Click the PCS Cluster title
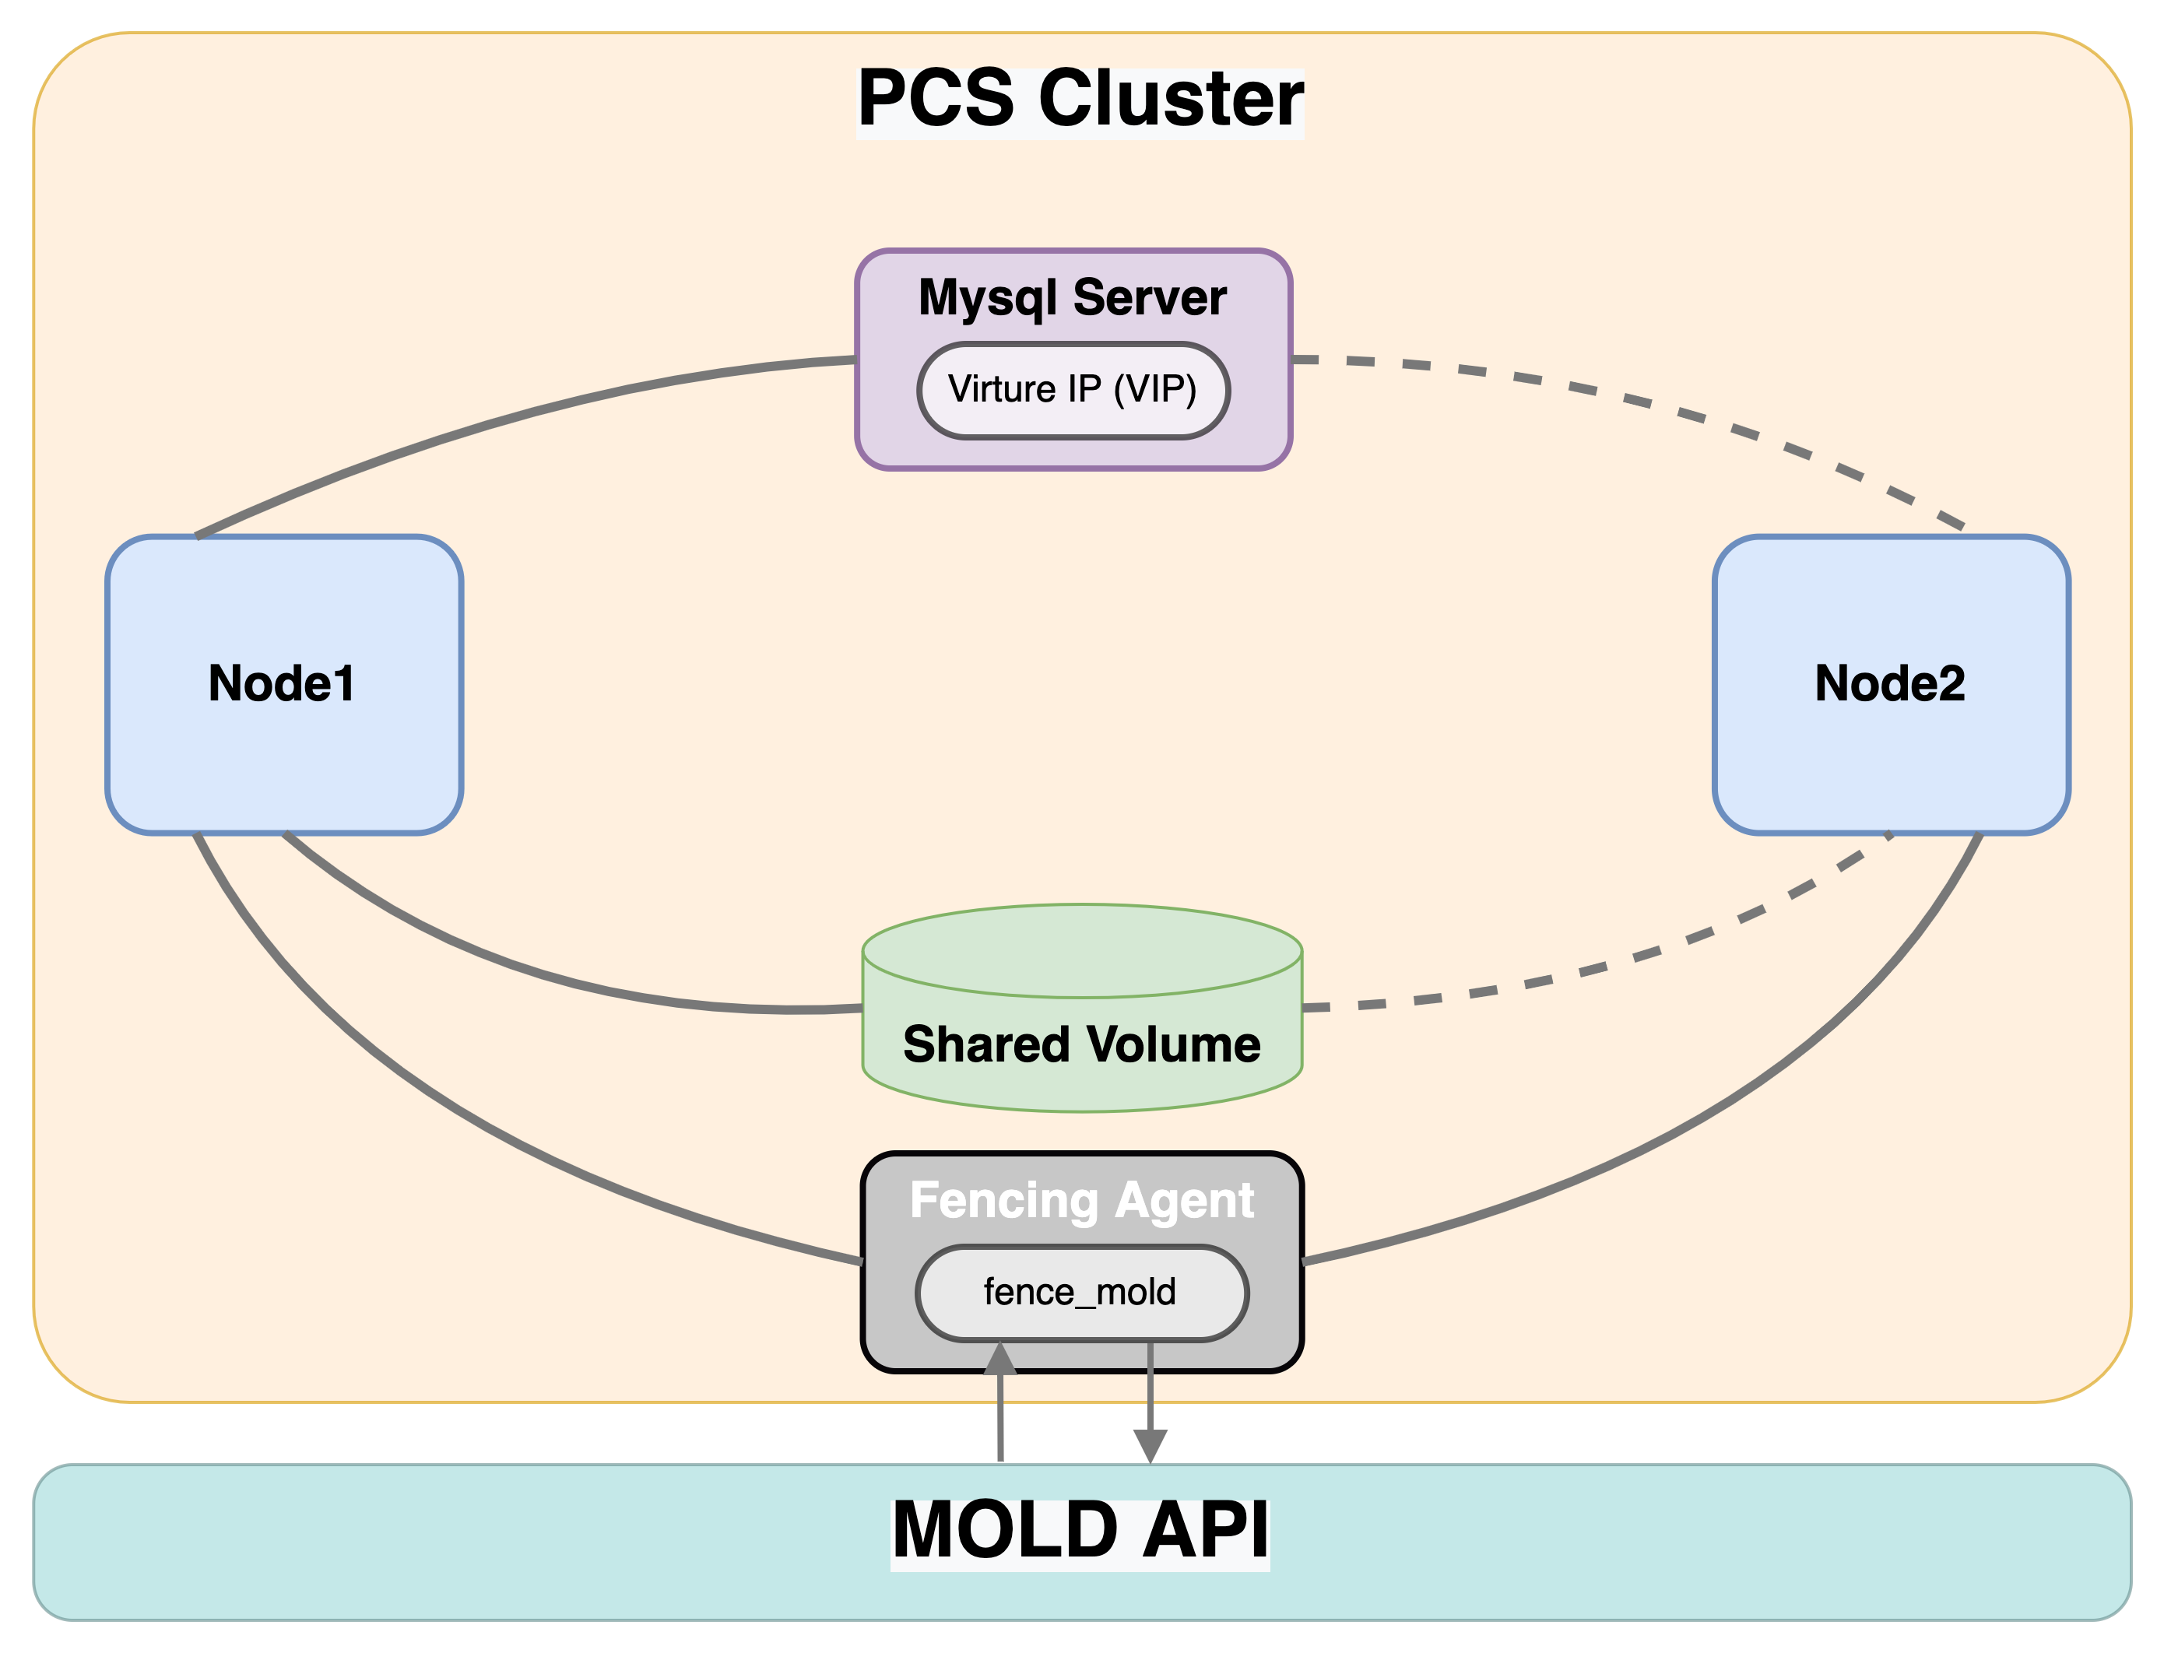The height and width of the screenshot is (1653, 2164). coord(1080,100)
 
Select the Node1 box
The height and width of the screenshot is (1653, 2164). coord(283,684)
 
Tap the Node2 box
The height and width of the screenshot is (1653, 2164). coord(1891,684)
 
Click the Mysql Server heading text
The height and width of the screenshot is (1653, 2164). coord(1072,297)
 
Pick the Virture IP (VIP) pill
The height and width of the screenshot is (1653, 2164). coord(1073,390)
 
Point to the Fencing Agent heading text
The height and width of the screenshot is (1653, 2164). coord(1081,1200)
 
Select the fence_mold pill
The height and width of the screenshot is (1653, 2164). coord(1081,1292)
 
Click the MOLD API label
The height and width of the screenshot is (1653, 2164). coord(1080,1531)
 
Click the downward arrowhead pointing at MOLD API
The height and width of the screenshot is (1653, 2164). coord(1151,1445)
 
